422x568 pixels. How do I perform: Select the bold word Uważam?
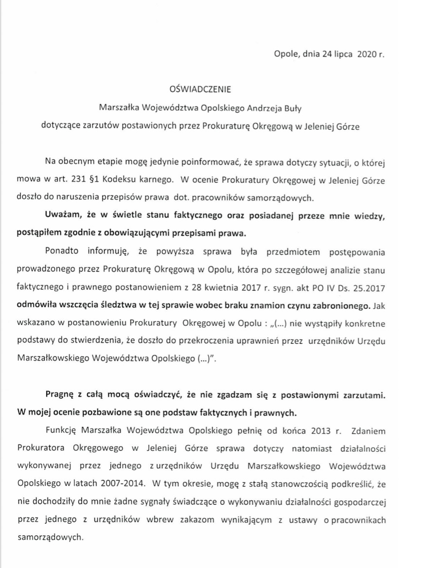[x=62, y=214]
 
